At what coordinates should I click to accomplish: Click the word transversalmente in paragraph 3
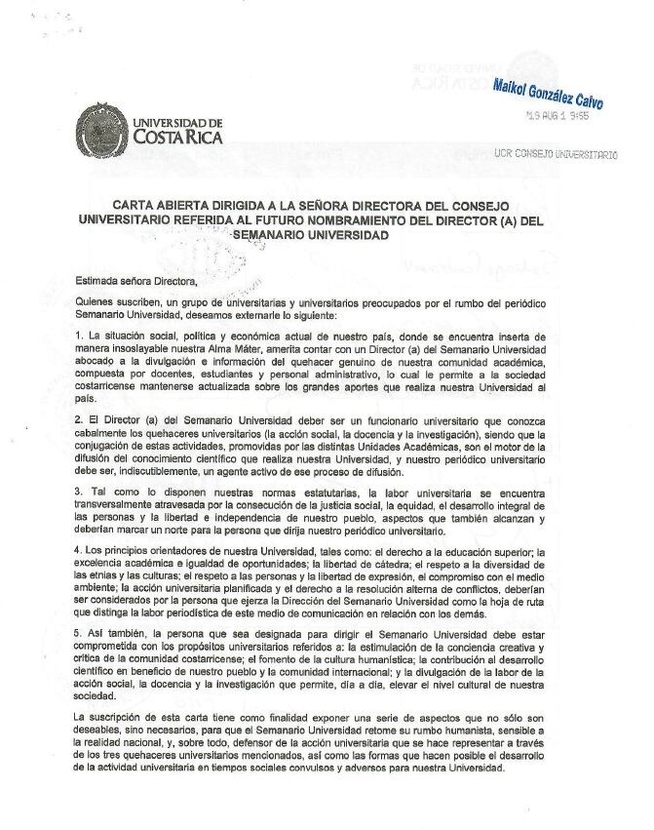[124, 506]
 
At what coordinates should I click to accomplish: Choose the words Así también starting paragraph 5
[115, 632]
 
